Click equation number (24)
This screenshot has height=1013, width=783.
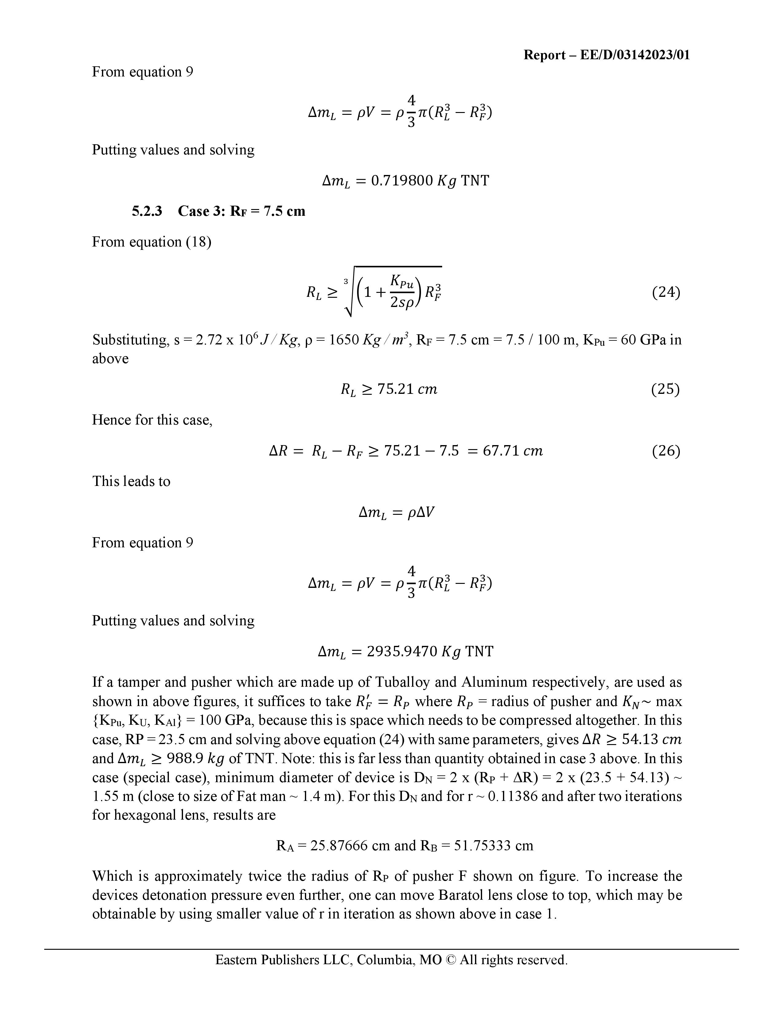[x=666, y=292]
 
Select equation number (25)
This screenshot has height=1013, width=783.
[x=666, y=389]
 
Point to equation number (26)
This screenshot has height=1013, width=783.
[x=666, y=451]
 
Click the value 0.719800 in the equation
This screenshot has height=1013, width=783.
[x=402, y=180]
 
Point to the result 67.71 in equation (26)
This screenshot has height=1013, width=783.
[x=501, y=451]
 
